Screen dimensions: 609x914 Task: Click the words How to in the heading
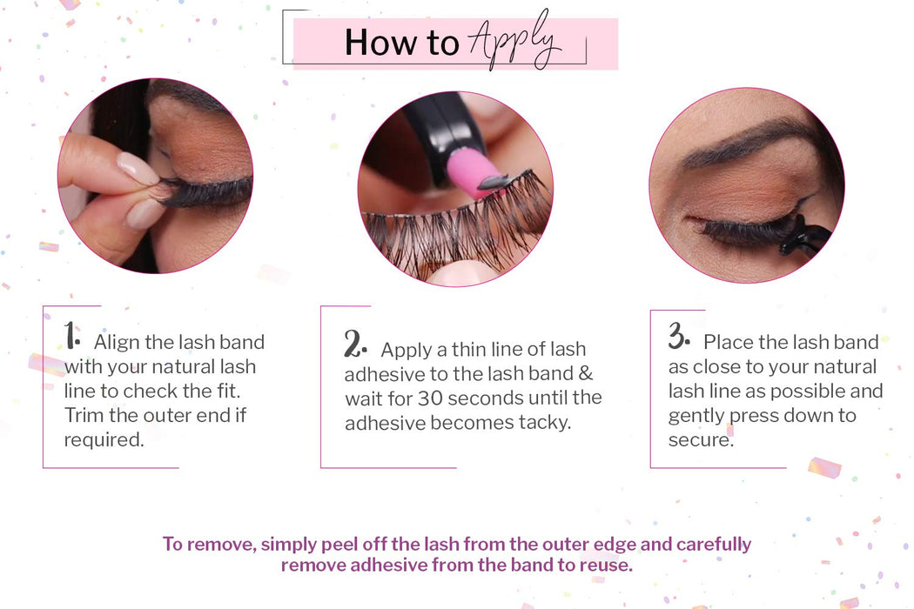(x=401, y=43)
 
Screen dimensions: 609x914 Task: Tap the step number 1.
(x=72, y=335)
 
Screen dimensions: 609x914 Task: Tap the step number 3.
(x=679, y=337)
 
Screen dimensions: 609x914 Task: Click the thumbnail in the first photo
(x=138, y=168)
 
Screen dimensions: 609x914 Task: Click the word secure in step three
(x=699, y=439)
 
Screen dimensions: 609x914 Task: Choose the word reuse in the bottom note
(x=604, y=564)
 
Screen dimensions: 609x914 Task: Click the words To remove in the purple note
(x=208, y=545)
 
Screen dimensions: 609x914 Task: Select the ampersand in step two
(x=586, y=374)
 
